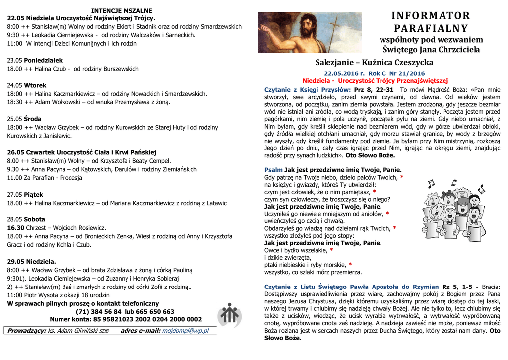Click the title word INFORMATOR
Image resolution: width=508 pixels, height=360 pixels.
(x=431, y=16)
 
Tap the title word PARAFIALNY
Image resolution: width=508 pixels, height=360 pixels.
(x=431, y=28)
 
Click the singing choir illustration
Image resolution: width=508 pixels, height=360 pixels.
(x=453, y=209)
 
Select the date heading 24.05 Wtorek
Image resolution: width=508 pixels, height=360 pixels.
(x=27, y=85)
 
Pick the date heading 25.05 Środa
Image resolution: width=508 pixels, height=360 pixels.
(x=24, y=119)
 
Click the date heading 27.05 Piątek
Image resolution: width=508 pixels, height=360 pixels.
(x=25, y=194)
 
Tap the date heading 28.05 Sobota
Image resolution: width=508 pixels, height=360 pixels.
(x=26, y=219)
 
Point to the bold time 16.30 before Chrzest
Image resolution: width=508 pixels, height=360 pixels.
(x=16, y=227)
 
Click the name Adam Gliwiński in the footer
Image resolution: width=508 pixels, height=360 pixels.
(x=78, y=330)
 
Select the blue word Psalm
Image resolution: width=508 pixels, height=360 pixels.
(x=273, y=169)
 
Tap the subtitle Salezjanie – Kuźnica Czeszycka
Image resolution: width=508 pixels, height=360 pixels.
(x=374, y=63)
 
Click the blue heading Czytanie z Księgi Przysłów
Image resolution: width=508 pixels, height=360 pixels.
(x=308, y=89)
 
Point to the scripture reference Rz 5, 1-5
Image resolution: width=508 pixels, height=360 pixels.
(x=456, y=287)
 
